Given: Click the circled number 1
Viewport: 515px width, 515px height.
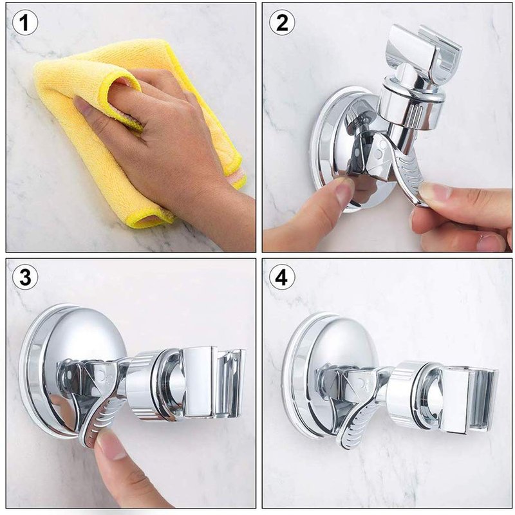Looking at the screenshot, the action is (x=25, y=23).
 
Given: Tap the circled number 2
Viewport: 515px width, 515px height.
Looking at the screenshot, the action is (x=282, y=23).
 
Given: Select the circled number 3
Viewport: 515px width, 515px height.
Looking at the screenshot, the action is (x=25, y=277).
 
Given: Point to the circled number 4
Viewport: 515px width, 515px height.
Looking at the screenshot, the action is (x=282, y=277).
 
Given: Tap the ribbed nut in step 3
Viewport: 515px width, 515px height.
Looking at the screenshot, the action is (x=144, y=385).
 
